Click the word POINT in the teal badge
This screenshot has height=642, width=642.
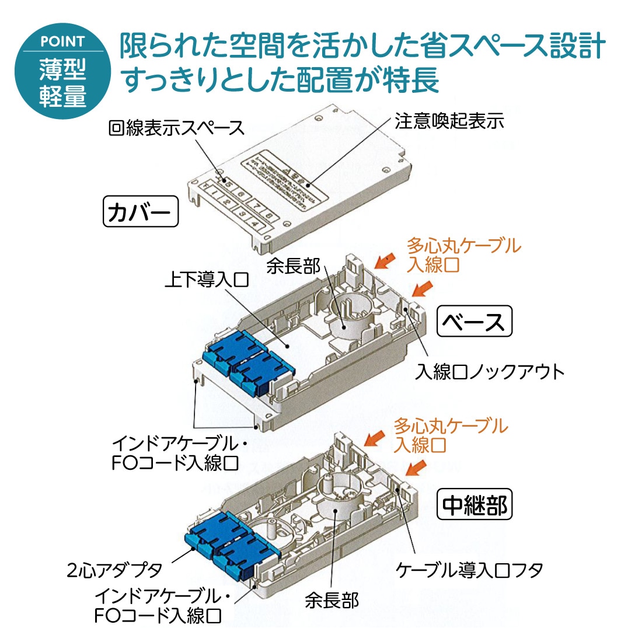[x=62, y=42]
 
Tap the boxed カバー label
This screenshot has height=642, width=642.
[x=140, y=212]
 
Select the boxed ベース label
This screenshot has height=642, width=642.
[x=474, y=322]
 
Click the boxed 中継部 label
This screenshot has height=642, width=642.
[x=474, y=505]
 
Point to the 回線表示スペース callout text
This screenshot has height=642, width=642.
[x=176, y=128]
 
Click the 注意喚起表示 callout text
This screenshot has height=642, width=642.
[x=449, y=121]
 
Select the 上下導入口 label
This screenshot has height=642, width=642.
[x=207, y=280]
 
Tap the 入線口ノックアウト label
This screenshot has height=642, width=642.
[x=490, y=372]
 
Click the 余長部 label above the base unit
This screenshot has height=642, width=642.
[x=294, y=266]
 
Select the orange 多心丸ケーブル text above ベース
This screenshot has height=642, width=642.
[x=463, y=246]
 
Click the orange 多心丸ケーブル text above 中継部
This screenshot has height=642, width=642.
[x=450, y=426]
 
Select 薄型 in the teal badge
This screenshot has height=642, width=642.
[x=62, y=71]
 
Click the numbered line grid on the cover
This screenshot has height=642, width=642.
[x=236, y=204]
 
